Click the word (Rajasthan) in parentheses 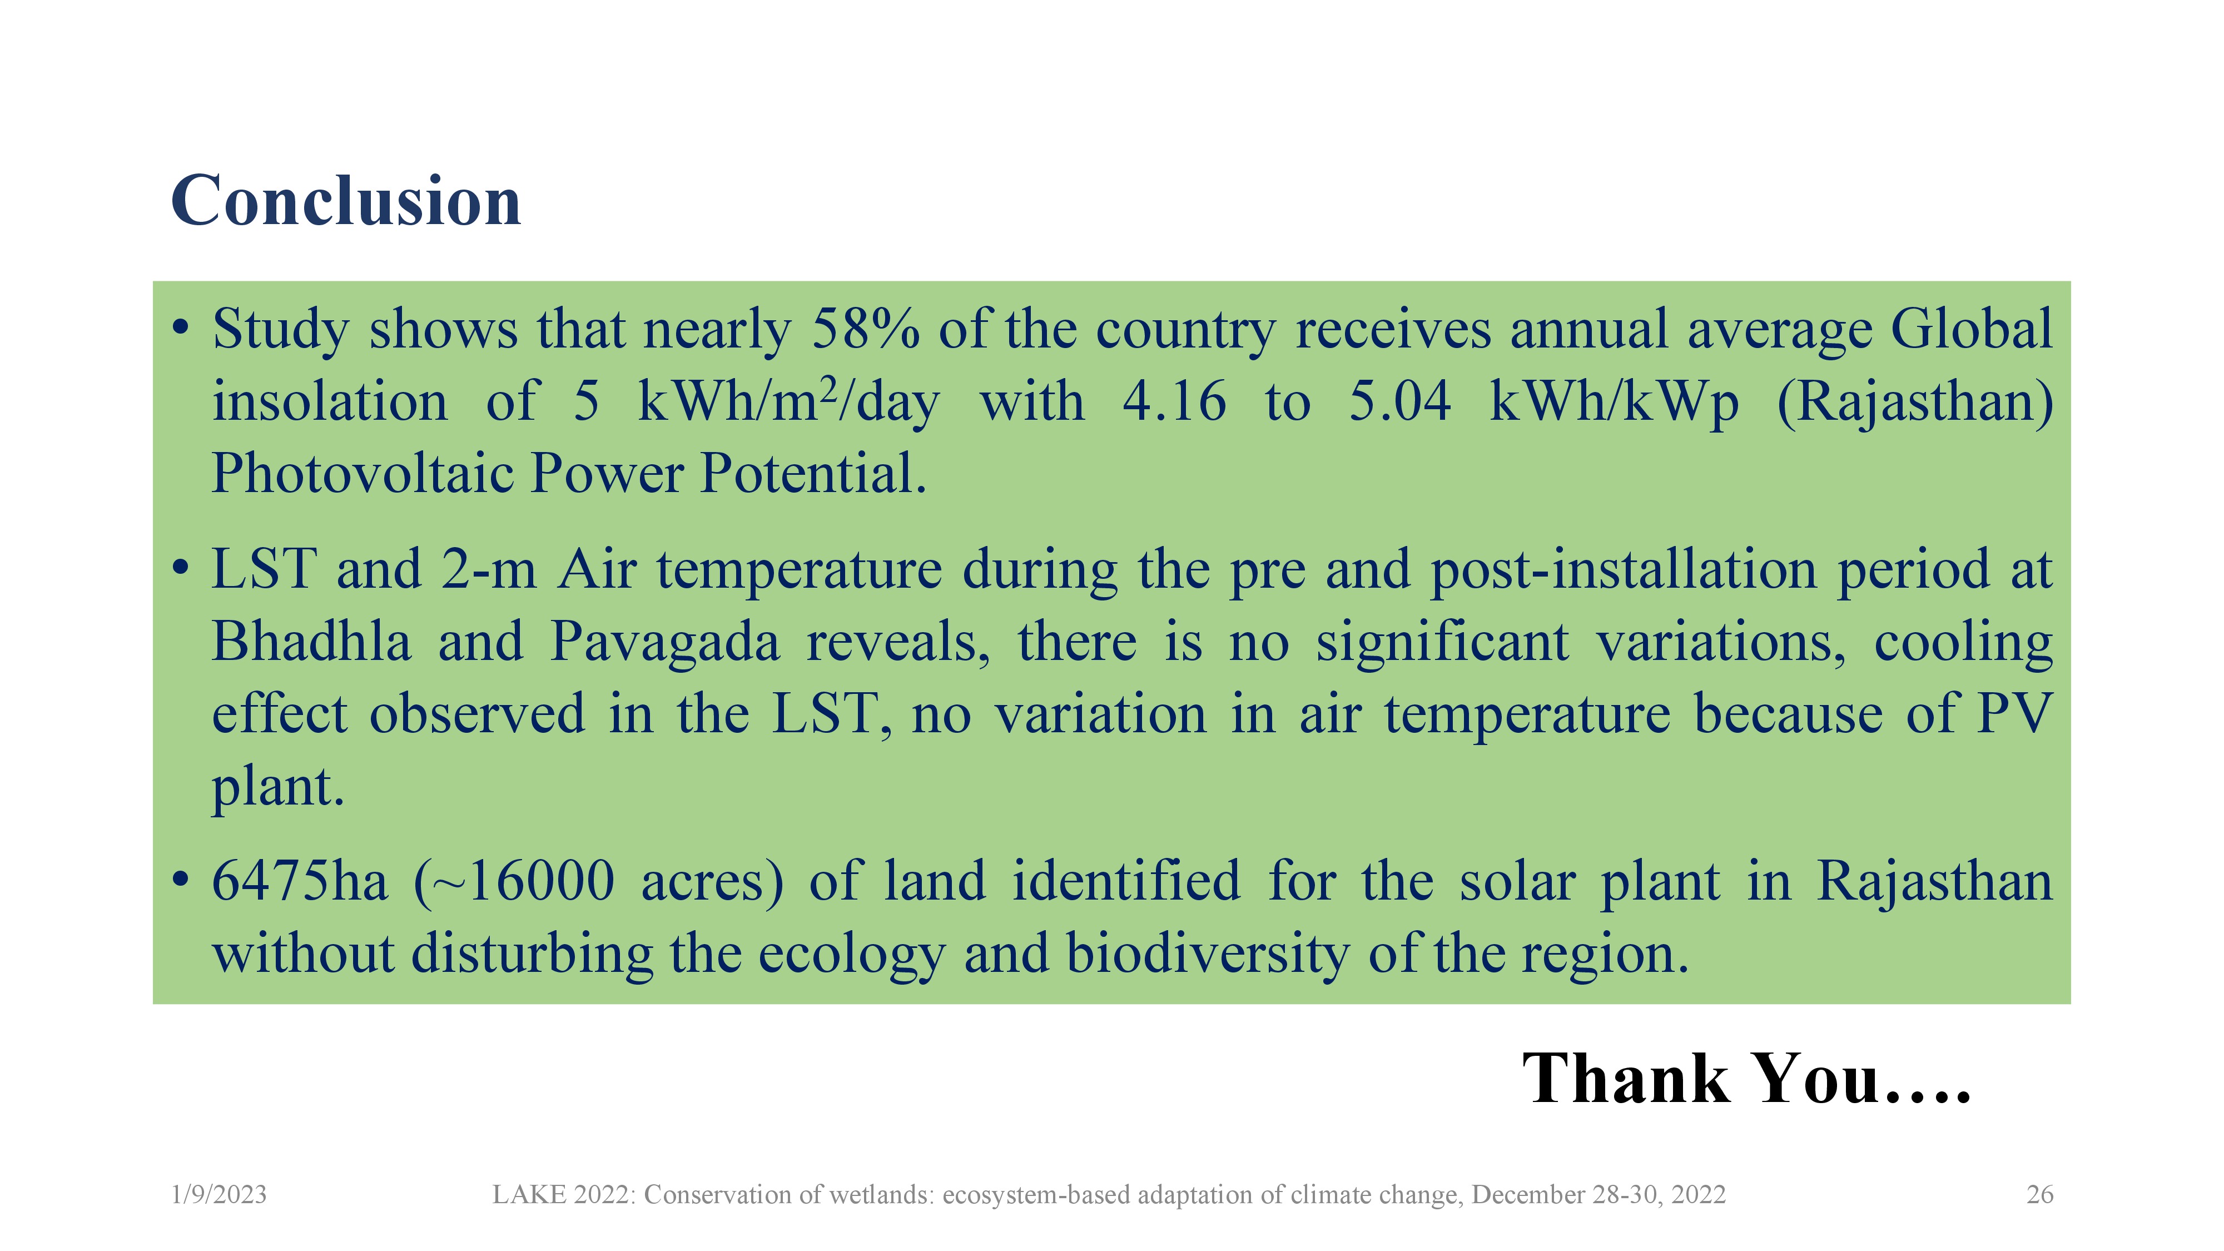[1915, 403]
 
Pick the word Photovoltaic [363, 473]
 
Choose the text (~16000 [514, 882]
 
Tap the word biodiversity [1208, 955]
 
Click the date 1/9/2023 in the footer [219, 1195]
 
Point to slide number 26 [2040, 1195]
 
